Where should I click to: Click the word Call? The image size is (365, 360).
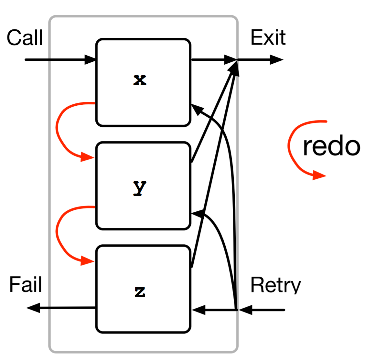point(25,38)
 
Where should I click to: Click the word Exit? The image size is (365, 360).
point(268,37)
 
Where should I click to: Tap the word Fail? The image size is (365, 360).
point(26,285)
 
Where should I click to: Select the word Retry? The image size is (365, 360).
point(275,286)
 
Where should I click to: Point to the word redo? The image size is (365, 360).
point(331,146)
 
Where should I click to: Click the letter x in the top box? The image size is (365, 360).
point(140,80)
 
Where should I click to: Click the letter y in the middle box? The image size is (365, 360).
point(140,187)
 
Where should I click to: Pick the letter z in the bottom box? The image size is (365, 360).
point(140,292)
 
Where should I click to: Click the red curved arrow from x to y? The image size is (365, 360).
point(58,129)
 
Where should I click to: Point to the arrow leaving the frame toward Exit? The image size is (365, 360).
point(262,60)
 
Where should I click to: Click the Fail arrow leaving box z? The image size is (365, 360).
point(61,308)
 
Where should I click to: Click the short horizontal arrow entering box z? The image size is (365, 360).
point(213,310)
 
